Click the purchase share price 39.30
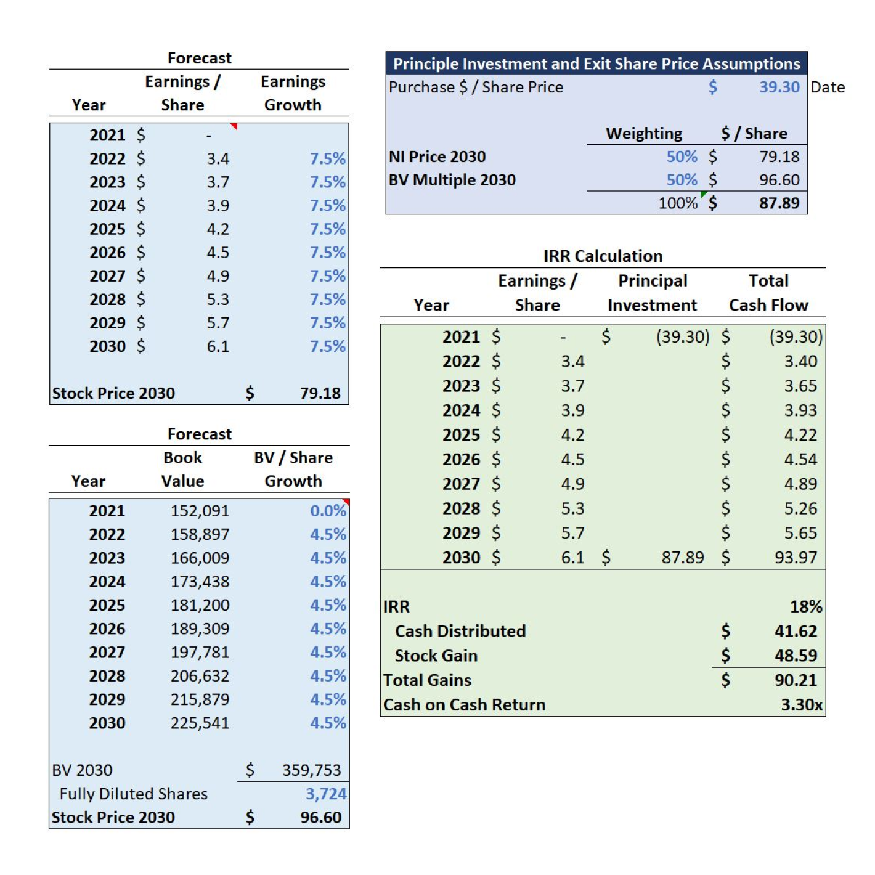779,87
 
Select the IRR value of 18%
805,606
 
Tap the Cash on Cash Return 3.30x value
802,704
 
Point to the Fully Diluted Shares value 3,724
326,793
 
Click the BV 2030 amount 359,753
312,770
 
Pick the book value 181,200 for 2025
200,605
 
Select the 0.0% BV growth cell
328,510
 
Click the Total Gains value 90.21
796,680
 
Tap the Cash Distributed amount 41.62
796,631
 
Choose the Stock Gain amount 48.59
796,655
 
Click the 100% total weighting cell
677,203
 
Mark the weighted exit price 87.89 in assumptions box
779,203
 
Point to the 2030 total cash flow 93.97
796,557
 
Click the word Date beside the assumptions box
828,87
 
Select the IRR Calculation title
603,256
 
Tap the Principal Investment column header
653,293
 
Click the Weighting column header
644,133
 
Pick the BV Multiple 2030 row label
452,180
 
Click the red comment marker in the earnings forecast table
234,126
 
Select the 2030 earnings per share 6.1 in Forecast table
218,346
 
